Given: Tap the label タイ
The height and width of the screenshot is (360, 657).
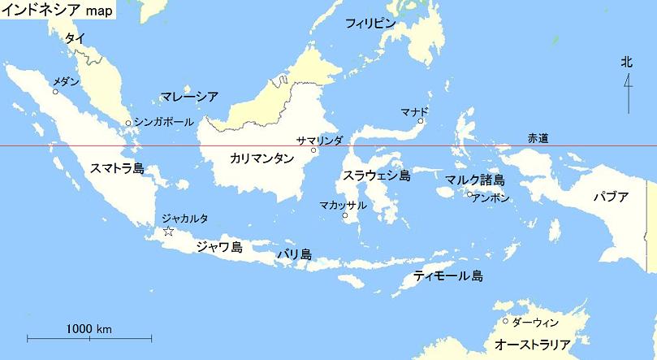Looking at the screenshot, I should pos(75,38).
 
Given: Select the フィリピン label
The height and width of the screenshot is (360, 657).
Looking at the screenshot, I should pos(370,24).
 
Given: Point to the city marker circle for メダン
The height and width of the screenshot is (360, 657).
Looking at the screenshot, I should pos(55,92).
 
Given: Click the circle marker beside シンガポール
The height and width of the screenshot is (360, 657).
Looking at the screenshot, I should pos(128,124).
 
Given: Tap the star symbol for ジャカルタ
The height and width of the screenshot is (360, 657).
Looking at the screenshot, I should pos(168,232).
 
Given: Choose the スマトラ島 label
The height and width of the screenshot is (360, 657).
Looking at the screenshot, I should pos(117,168).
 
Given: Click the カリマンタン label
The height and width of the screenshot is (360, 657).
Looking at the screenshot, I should pos(262,158).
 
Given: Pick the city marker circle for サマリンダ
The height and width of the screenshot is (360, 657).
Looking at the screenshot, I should pos(313,150).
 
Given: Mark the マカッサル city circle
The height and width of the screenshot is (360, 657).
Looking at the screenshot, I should pos(345,216).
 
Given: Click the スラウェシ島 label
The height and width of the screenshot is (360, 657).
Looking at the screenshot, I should pos(376,175).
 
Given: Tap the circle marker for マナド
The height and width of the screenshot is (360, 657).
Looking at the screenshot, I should pos(421,121).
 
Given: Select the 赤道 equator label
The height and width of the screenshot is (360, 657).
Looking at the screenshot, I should pos(538,138).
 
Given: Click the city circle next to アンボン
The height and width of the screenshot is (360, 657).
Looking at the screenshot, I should pos(469,195).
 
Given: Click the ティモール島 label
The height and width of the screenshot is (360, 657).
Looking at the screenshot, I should pos(447,275).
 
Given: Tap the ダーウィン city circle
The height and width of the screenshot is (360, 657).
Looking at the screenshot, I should pos(505,321).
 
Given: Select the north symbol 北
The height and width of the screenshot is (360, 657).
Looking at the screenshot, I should pos(626,62).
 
